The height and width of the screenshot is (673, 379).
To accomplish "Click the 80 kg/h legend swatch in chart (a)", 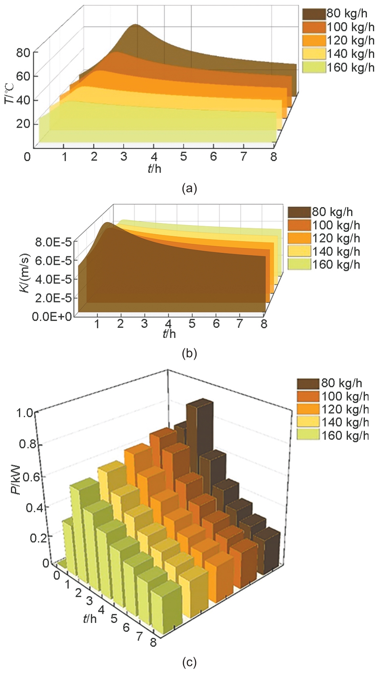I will tap(314, 14).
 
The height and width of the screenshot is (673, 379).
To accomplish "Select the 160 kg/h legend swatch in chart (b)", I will tap(299, 264).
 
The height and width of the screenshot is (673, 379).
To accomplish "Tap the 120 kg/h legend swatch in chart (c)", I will tap(309, 409).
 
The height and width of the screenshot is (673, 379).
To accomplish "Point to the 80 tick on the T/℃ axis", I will tap(23, 52).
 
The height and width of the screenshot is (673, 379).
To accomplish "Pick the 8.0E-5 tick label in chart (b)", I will tap(53, 242).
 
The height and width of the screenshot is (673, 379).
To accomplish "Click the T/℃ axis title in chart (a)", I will tap(10, 94).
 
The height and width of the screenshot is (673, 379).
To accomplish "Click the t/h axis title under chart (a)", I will tap(154, 168).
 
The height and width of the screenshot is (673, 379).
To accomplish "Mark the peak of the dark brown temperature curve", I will tap(136, 25).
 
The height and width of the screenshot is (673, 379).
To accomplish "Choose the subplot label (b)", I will tap(189, 354).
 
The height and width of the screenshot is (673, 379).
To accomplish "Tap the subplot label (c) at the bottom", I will tap(189, 663).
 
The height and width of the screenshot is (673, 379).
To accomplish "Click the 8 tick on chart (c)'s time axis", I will tap(153, 642).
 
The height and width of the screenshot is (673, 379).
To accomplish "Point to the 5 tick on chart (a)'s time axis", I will tap(184, 157).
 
